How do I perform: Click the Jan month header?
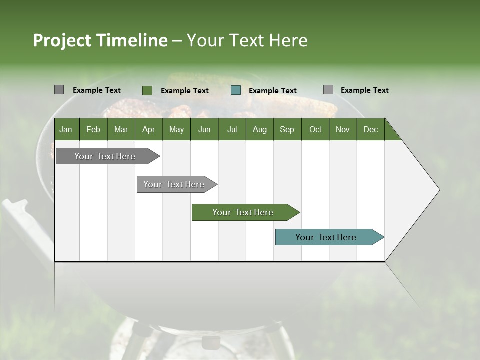(66, 129)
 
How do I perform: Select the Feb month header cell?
(93, 129)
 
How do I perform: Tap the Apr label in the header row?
(148, 129)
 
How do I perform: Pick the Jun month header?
(204, 129)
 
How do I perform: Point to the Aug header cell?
(259, 129)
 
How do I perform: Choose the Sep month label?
(287, 129)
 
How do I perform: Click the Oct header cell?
(315, 129)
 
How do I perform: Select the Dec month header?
(370, 129)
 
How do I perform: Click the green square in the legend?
(147, 90)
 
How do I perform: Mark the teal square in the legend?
(236, 90)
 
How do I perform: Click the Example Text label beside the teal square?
(272, 91)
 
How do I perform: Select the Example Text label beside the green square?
(184, 91)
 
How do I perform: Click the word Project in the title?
(62, 40)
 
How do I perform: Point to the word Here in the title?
(288, 40)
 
